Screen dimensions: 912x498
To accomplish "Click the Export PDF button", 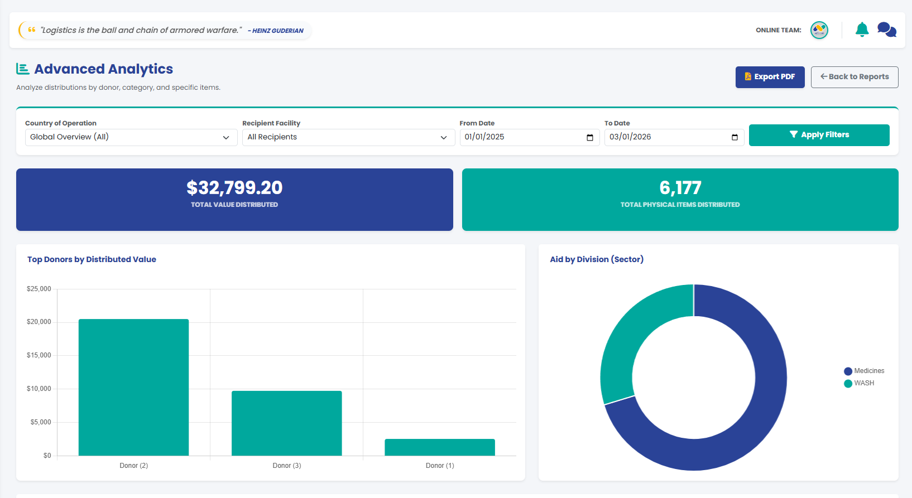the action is [770, 77].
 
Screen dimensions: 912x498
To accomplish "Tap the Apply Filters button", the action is [819, 135].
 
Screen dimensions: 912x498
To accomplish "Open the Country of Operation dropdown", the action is [131, 138].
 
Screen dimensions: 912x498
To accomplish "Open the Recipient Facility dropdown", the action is [348, 138].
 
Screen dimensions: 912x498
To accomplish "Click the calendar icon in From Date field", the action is [589, 138].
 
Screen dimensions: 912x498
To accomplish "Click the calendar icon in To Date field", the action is [735, 138].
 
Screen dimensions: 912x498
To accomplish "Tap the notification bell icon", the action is [862, 30].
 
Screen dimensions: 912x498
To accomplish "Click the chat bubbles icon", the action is [887, 30].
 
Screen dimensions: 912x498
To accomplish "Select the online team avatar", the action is [819, 30].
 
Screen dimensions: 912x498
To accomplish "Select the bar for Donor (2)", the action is [133, 388].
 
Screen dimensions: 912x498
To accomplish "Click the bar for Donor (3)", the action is [287, 423].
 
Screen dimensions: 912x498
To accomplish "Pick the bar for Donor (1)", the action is [440, 447].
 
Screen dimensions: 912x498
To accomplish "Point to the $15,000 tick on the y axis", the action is [39, 355].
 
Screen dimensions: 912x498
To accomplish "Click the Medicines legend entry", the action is [864, 371].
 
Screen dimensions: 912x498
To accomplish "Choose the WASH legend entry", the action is [859, 383].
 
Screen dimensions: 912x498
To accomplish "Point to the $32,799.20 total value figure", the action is [234, 187].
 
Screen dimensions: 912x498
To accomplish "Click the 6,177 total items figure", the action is [680, 187].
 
